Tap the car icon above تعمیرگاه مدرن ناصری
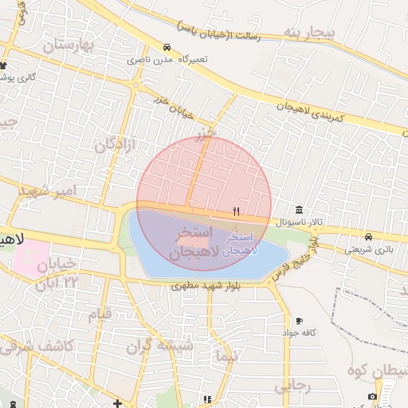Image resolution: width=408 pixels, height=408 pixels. click(x=167, y=48)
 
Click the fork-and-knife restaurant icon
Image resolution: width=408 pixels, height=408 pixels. click(x=235, y=211)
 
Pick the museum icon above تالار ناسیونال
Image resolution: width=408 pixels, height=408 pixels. click(x=299, y=210)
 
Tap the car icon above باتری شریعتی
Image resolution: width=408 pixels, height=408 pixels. click(x=368, y=237)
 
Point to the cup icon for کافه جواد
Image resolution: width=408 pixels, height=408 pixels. click(x=299, y=320)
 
